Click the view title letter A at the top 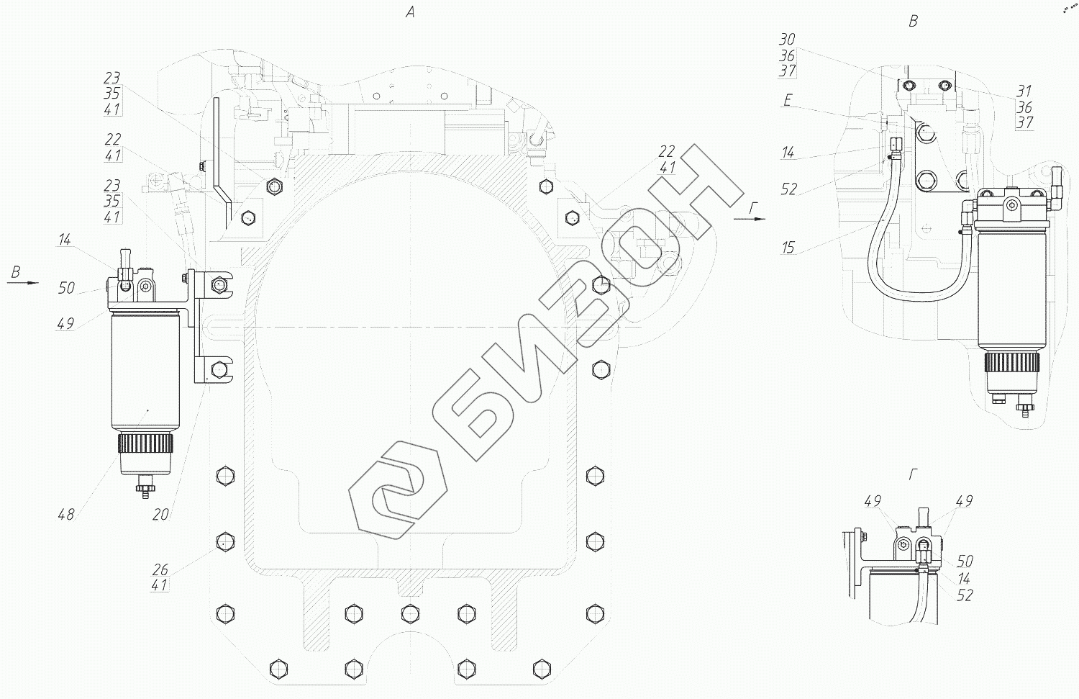410,12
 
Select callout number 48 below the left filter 66,515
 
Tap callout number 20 160,515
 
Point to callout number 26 160,570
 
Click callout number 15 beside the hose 788,248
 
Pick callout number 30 787,39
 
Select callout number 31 1024,91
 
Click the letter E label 788,100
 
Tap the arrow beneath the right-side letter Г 750,219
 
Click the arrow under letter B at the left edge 22,283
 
